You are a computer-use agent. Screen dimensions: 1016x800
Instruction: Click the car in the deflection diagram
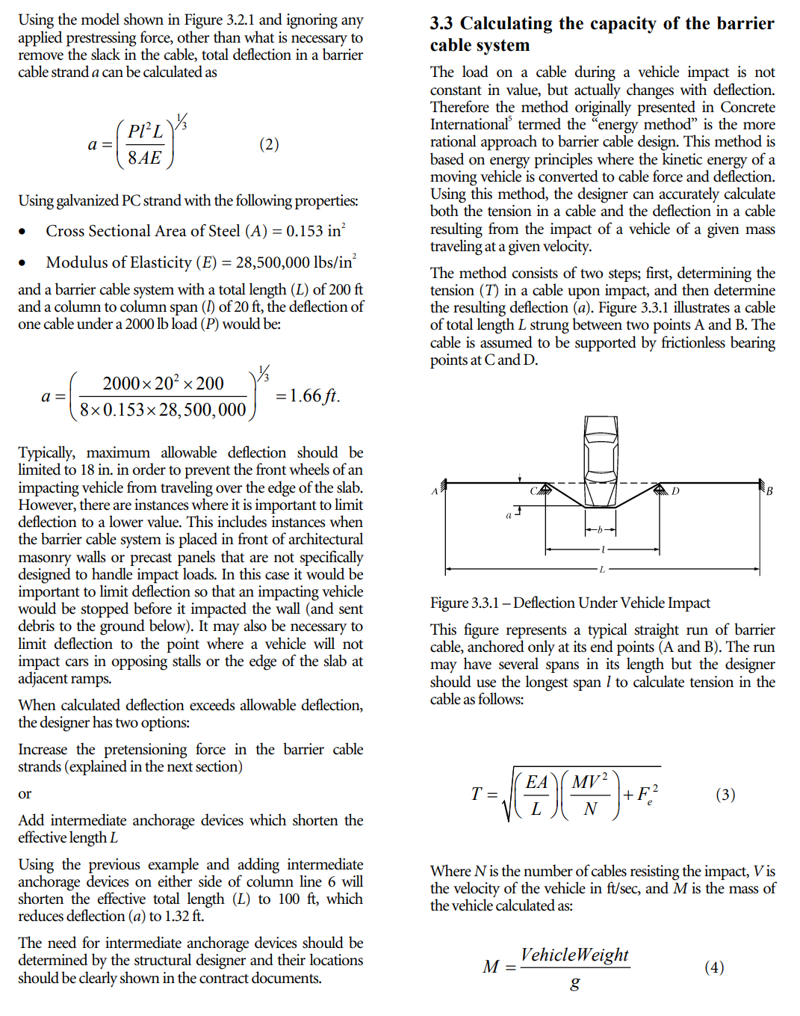tap(601, 453)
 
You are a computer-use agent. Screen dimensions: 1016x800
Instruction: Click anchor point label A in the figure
tap(434, 491)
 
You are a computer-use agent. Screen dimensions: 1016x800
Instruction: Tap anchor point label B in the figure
tap(769, 491)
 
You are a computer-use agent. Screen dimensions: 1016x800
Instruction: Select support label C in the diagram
tap(533, 491)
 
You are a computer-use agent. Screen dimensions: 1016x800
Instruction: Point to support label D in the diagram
tap(675, 491)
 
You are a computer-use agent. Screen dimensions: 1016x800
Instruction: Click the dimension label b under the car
tap(600, 530)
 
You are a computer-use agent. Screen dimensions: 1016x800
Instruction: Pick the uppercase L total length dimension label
tap(602, 570)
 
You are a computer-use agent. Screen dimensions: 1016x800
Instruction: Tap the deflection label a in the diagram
tap(509, 515)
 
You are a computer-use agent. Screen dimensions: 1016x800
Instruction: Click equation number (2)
tap(269, 144)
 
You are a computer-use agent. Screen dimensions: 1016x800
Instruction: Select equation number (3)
tap(725, 794)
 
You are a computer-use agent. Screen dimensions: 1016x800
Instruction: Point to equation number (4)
tap(714, 967)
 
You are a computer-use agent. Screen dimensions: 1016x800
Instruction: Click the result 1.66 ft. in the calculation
tap(314, 395)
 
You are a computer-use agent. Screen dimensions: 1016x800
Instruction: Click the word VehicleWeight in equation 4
tap(574, 955)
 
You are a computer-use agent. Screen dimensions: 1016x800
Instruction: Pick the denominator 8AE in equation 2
tap(144, 158)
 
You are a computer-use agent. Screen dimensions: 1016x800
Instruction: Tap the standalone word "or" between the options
tap(25, 793)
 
